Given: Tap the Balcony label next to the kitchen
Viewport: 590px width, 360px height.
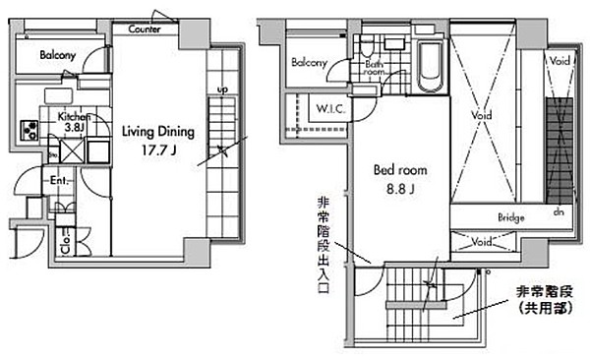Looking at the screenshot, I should click(x=58, y=56).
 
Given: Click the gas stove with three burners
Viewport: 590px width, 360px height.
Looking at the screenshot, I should click(x=29, y=130).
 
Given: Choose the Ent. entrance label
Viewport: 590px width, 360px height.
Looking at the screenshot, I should click(x=59, y=181).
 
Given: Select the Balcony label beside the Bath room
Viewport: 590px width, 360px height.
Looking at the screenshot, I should click(x=309, y=63).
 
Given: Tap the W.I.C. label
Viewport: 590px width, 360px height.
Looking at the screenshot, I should click(x=327, y=108).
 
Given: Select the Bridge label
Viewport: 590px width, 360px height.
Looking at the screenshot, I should click(x=510, y=218).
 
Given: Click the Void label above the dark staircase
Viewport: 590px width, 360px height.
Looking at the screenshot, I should click(x=560, y=61).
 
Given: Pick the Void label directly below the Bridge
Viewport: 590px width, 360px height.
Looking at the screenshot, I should click(x=483, y=242).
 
